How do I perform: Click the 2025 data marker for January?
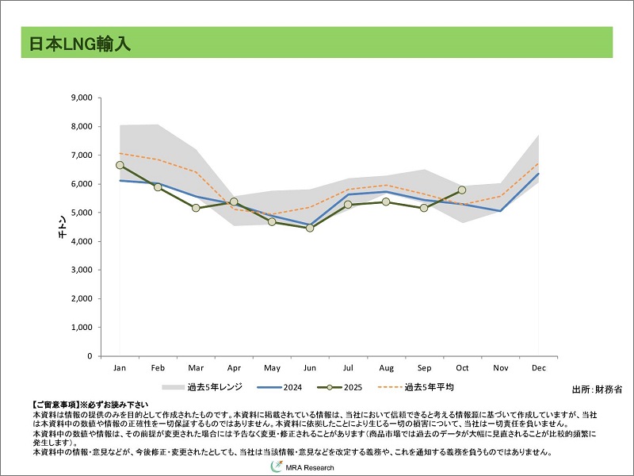120,165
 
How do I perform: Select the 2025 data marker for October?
462,190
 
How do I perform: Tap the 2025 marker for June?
310,228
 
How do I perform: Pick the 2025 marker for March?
196,208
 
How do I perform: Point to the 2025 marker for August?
386,202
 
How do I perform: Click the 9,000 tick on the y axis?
82,98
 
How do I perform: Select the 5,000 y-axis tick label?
82,213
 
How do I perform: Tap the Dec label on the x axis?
538,368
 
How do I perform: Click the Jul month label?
348,368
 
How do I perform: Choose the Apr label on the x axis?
234,368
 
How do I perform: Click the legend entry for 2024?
279,387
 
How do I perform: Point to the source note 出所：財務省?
597,390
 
